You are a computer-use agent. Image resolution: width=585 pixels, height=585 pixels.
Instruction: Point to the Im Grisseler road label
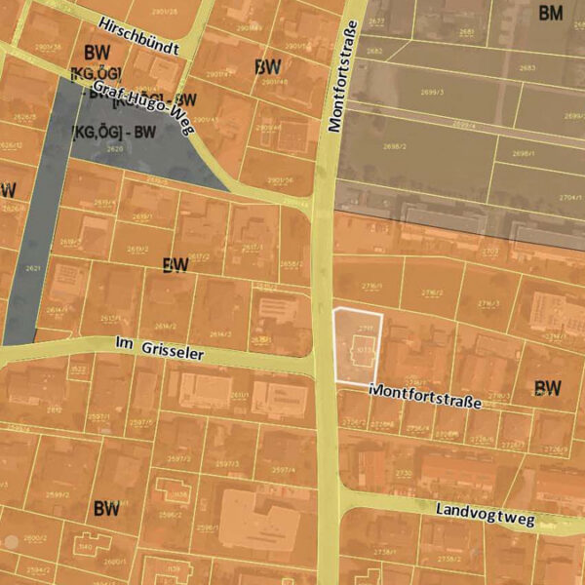[x=159, y=349]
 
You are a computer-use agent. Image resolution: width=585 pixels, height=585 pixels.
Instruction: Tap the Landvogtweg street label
[x=485, y=514]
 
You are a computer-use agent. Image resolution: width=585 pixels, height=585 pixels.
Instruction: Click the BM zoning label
[x=552, y=13]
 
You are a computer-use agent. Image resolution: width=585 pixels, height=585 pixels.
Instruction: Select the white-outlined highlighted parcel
[x=357, y=343]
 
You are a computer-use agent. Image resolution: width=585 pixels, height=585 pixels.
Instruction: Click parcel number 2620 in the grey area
[x=115, y=149]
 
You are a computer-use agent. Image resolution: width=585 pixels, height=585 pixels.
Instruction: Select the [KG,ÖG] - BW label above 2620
[x=114, y=131]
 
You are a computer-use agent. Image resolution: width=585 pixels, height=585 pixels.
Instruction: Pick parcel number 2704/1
[x=570, y=197]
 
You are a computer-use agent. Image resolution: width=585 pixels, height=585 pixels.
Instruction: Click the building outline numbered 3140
[x=84, y=546]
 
